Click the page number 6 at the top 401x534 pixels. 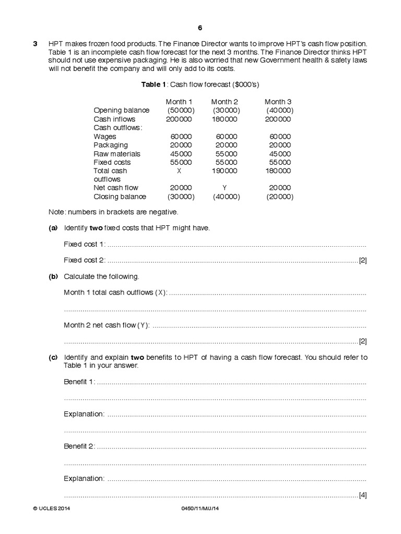coord(199,28)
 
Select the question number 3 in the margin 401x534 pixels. coord(36,44)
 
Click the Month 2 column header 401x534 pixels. coord(225,102)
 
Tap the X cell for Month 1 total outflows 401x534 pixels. coord(179,171)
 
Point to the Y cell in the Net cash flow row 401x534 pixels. coord(224,188)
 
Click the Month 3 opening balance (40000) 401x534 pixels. coord(279,111)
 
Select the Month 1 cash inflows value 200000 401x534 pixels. coord(179,119)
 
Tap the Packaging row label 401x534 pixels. coord(111,145)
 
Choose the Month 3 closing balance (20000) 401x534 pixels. coord(279,197)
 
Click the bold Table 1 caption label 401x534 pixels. coord(153,84)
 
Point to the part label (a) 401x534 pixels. coord(53,228)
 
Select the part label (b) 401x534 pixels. coord(53,276)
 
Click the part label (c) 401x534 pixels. coord(53,357)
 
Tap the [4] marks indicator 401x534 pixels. coord(362,495)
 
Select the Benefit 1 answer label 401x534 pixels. coord(79,382)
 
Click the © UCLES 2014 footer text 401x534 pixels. coord(51,508)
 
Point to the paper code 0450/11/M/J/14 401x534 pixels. coord(199,508)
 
